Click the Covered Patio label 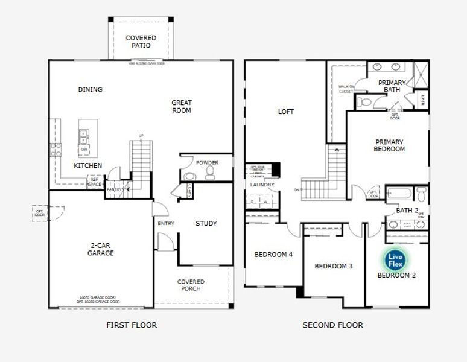click(141, 42)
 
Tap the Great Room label click(181, 106)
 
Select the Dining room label click(90, 90)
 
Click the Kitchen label click(87, 165)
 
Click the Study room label click(206, 224)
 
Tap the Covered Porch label click(191, 285)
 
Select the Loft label click(285, 112)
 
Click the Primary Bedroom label click(389, 145)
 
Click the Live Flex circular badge click(396, 259)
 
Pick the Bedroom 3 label click(334, 266)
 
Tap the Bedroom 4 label click(273, 255)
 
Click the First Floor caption click(132, 325)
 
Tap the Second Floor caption click(332, 325)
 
